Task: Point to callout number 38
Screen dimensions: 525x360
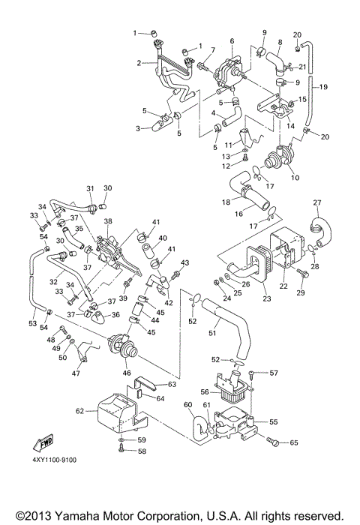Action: (108, 222)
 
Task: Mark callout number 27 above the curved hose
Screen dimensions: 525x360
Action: (316, 202)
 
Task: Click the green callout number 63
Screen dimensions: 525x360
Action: (172, 384)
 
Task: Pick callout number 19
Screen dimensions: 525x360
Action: (325, 88)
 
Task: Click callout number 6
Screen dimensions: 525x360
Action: (232, 41)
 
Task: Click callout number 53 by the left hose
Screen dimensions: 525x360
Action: (32, 323)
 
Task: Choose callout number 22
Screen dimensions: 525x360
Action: (283, 286)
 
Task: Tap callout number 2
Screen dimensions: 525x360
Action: (139, 63)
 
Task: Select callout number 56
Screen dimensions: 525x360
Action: (204, 391)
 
